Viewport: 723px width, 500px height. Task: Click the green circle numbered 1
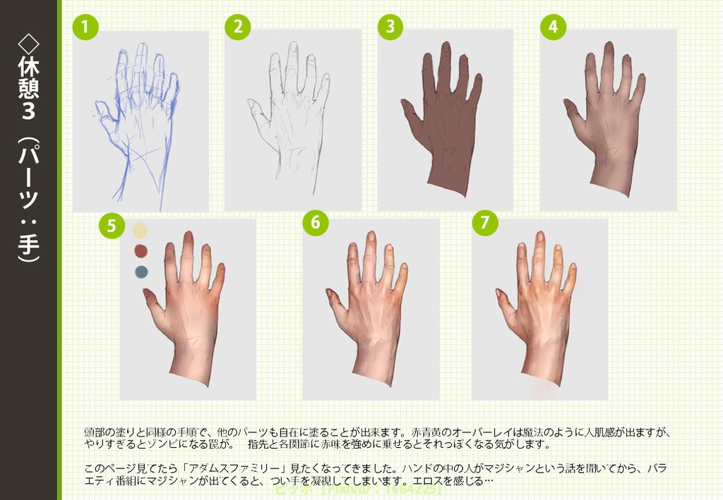pyautogui.click(x=85, y=28)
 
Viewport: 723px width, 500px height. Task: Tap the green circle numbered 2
pyautogui.click(x=238, y=28)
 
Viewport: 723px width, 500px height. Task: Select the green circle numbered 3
pyautogui.click(x=390, y=28)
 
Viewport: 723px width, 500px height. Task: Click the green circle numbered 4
pyautogui.click(x=553, y=27)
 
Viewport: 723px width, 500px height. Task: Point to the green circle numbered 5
pyautogui.click(x=112, y=225)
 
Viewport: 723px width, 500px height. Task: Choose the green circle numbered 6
pyautogui.click(x=316, y=222)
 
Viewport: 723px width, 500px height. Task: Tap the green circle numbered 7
pyautogui.click(x=484, y=222)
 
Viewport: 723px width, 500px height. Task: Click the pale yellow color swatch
pyautogui.click(x=140, y=231)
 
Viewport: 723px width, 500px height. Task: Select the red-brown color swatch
pyautogui.click(x=140, y=251)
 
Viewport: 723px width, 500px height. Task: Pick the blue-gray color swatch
pyautogui.click(x=140, y=272)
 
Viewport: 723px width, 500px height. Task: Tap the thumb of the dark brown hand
pyautogui.click(x=410, y=112)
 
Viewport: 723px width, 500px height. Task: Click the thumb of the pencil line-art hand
pyautogui.click(x=255, y=110)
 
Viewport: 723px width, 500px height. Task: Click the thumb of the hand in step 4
pyautogui.click(x=573, y=111)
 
